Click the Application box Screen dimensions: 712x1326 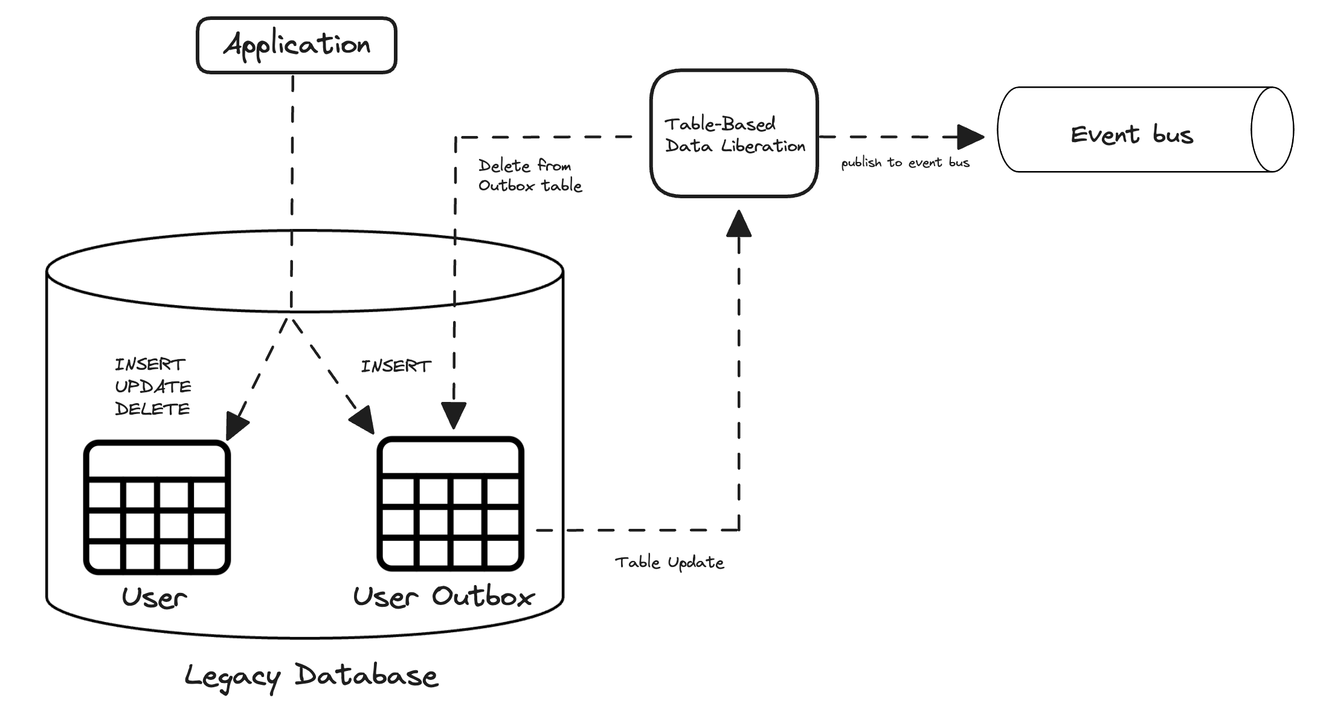pyautogui.click(x=296, y=45)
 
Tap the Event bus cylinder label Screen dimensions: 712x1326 pyautogui.click(x=1131, y=134)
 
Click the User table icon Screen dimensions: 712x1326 pyautogui.click(x=157, y=507)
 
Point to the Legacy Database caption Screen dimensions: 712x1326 pyautogui.click(x=311, y=676)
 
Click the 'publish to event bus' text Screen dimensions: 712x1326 pyautogui.click(x=905, y=163)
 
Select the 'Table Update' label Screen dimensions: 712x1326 pyautogui.click(x=669, y=563)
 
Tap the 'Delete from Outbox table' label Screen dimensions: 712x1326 pyautogui.click(x=529, y=175)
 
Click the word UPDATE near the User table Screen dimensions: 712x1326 pyautogui.click(x=153, y=387)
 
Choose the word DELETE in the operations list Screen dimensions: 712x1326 pyautogui.click(x=152, y=409)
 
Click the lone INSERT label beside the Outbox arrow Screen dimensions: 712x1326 pyautogui.click(x=396, y=366)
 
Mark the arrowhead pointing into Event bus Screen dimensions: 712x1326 pyautogui.click(x=970, y=137)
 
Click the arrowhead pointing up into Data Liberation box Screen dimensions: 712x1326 pyautogui.click(x=739, y=224)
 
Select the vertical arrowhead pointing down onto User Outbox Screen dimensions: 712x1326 pyautogui.click(x=454, y=415)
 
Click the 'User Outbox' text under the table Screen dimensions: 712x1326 pyautogui.click(x=443, y=597)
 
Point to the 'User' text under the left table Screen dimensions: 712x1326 pyautogui.click(x=154, y=598)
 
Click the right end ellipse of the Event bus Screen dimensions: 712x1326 pyautogui.click(x=1272, y=129)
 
